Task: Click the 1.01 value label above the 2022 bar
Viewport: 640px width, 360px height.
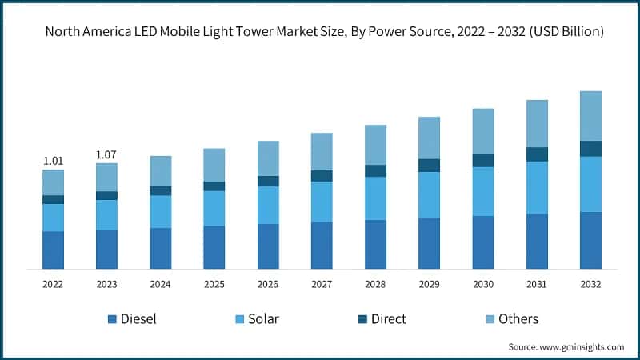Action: (x=53, y=160)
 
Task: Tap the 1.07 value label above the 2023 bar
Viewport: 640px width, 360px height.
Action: (x=106, y=154)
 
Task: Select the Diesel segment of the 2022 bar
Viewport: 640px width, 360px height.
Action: (x=53, y=250)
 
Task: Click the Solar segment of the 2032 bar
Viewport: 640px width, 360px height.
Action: (x=590, y=184)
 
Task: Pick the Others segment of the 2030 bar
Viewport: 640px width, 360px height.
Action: (x=483, y=130)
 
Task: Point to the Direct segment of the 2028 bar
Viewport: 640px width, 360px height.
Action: (x=375, y=170)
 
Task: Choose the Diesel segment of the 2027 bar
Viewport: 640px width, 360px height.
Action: (x=322, y=245)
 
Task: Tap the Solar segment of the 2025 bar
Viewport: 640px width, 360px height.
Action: (x=214, y=208)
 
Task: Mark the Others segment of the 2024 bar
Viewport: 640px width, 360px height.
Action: (x=160, y=170)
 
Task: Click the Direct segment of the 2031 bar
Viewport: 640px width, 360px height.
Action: (x=537, y=154)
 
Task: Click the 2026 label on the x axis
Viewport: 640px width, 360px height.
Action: (x=268, y=284)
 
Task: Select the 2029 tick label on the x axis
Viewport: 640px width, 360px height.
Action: (x=429, y=284)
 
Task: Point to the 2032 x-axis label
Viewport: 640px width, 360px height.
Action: (x=590, y=284)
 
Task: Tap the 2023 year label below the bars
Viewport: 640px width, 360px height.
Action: (x=106, y=284)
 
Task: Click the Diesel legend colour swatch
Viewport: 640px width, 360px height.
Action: (x=112, y=319)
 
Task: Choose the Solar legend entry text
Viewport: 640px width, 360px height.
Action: (x=263, y=319)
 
